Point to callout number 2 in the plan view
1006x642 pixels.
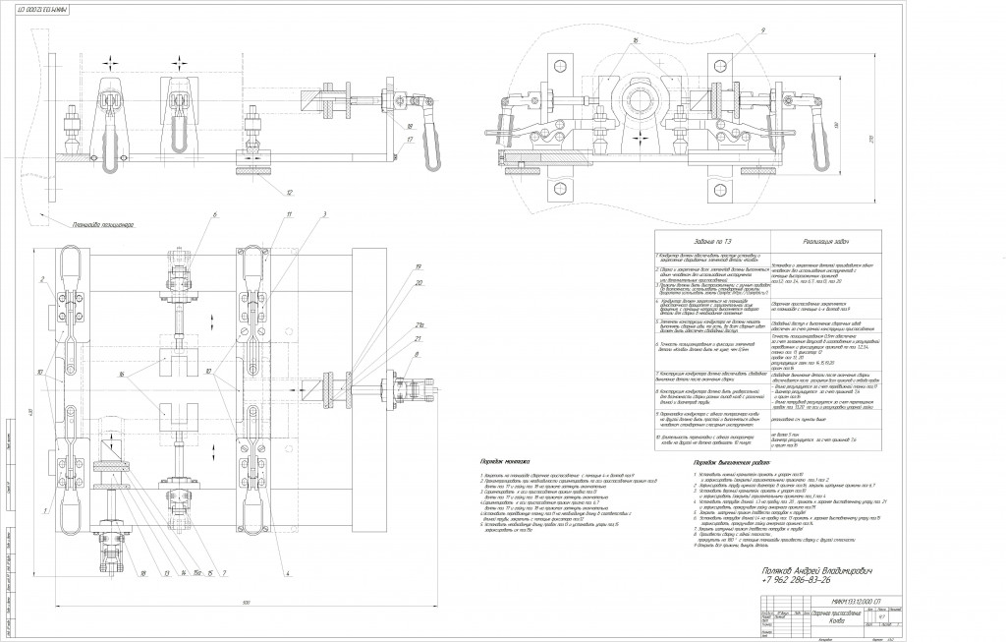pos(44,280)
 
